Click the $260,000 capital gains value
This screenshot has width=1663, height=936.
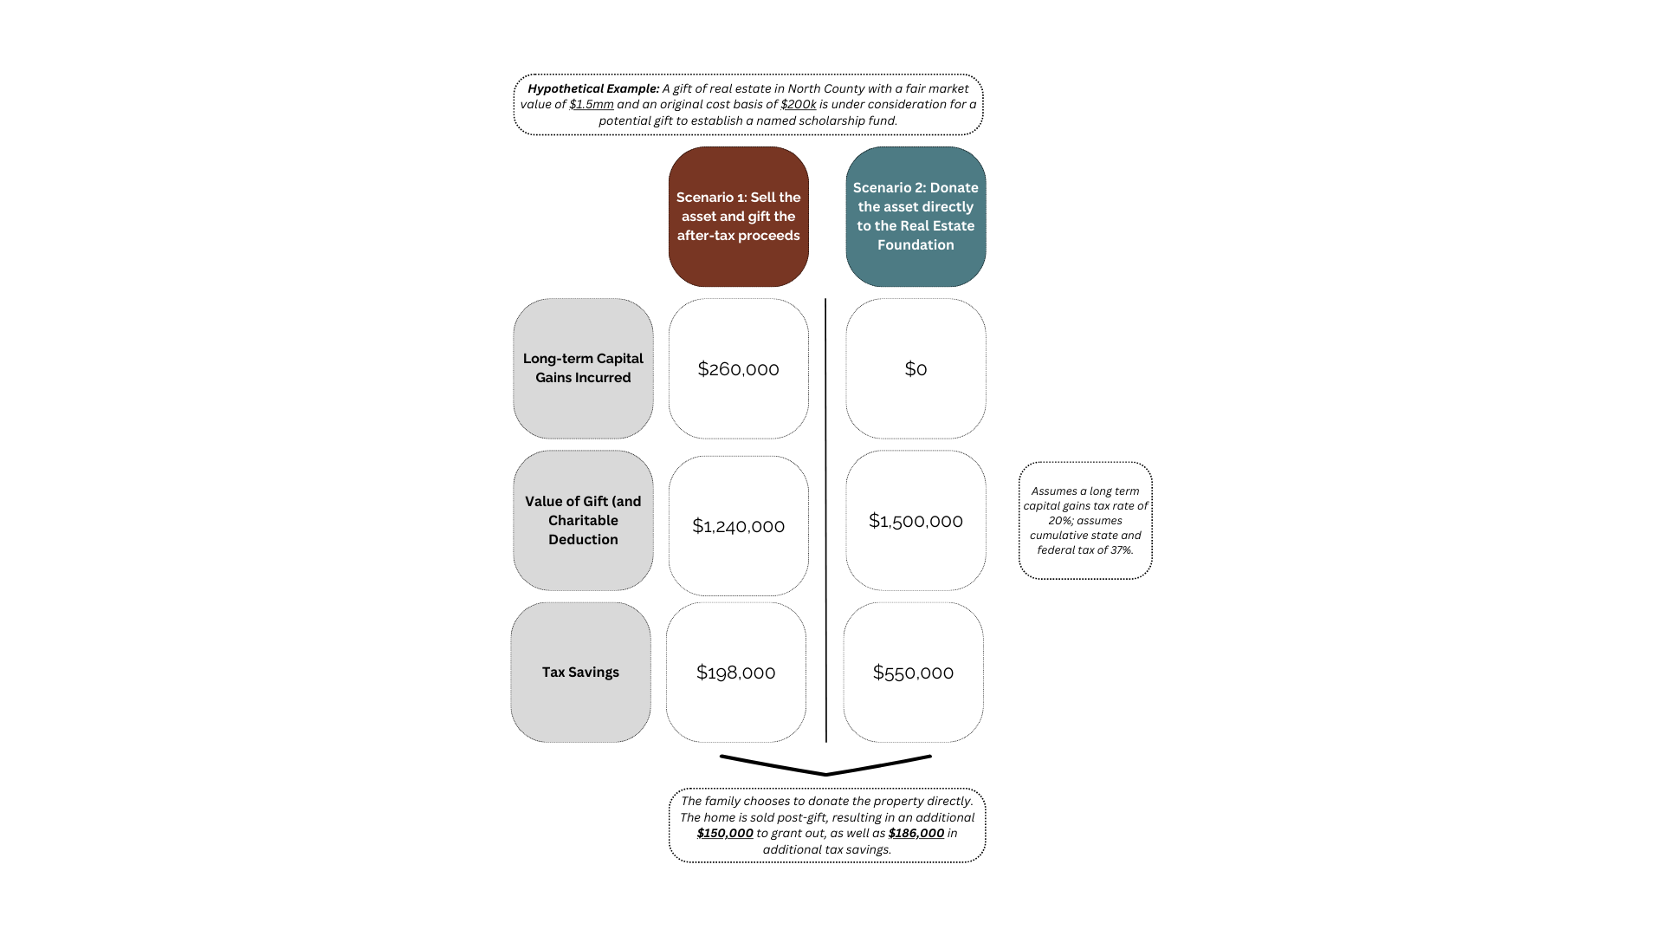(x=738, y=369)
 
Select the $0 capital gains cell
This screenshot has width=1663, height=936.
(x=916, y=369)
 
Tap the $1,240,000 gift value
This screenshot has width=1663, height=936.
(x=738, y=526)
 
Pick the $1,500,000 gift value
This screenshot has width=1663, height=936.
(x=916, y=521)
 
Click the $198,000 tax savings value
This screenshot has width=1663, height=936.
(x=735, y=673)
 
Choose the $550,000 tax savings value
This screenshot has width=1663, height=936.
(x=913, y=673)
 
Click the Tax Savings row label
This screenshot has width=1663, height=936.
(x=580, y=673)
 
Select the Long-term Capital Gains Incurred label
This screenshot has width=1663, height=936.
(x=583, y=368)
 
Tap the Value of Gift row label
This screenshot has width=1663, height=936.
(x=583, y=520)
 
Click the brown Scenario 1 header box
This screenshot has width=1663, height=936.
(x=738, y=217)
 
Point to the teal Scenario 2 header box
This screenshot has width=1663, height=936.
(x=916, y=217)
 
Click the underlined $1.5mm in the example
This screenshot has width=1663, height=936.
(x=592, y=104)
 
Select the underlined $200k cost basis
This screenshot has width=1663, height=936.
(x=799, y=104)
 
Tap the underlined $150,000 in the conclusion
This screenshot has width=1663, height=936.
(x=725, y=833)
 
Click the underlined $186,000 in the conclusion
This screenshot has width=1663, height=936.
(x=916, y=833)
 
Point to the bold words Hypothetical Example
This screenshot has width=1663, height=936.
(x=593, y=88)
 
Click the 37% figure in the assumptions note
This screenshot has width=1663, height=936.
(x=1121, y=550)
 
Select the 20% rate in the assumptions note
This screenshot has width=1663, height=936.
(x=1060, y=521)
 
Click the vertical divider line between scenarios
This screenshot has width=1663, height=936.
(x=825, y=520)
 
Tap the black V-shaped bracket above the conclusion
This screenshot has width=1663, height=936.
(x=825, y=773)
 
